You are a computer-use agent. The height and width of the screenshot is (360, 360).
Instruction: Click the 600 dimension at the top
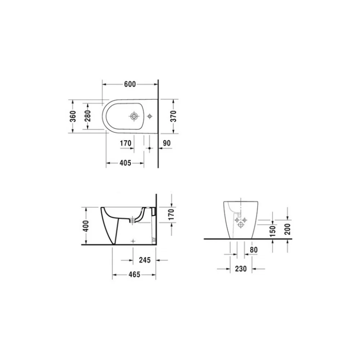pyautogui.click(x=130, y=84)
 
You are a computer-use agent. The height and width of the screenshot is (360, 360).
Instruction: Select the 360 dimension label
pyautogui.click(x=73, y=116)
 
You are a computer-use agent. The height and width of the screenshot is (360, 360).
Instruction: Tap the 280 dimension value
pyautogui.click(x=87, y=116)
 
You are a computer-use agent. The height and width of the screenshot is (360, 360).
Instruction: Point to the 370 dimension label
pyautogui.click(x=174, y=116)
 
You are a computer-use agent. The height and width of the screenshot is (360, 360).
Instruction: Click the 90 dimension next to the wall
pyautogui.click(x=167, y=143)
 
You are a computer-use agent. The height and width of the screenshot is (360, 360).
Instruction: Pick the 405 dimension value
pyautogui.click(x=125, y=163)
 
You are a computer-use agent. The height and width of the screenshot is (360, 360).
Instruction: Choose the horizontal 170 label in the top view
pyautogui.click(x=126, y=143)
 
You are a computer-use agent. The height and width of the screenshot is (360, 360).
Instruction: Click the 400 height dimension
pyautogui.click(x=86, y=226)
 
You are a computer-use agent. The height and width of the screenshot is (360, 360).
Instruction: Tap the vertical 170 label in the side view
pyautogui.click(x=171, y=214)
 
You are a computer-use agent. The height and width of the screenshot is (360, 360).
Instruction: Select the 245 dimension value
pyautogui.click(x=145, y=260)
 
